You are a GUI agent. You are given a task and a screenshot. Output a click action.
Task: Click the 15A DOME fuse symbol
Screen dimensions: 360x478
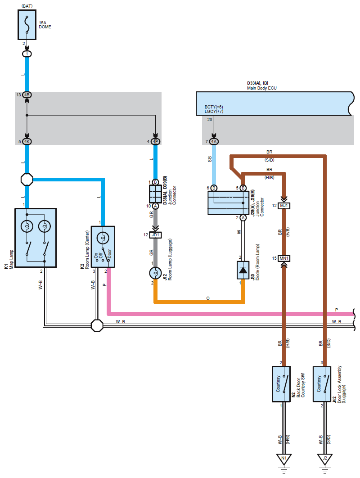(27, 25)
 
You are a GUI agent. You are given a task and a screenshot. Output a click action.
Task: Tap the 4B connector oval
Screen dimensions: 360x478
(27, 95)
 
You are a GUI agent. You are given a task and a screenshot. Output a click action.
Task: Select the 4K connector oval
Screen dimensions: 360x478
(27, 141)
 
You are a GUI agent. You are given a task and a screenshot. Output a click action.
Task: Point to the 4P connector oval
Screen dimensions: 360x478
(155, 141)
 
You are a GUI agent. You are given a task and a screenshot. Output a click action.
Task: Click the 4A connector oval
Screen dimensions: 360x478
(214, 141)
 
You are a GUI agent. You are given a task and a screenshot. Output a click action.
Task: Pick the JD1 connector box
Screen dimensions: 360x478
(155, 235)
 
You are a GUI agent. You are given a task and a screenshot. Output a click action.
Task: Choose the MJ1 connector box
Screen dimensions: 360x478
(284, 206)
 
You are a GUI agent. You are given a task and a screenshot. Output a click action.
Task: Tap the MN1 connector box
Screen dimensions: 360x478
(284, 258)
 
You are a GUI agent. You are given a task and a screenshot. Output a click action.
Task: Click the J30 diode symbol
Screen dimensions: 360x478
(243, 270)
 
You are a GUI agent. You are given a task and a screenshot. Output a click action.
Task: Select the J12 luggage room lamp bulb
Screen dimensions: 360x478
(155, 273)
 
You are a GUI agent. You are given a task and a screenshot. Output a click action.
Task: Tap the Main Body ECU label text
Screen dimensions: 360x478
(262, 88)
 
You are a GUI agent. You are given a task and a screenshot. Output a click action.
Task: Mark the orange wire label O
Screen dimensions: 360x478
(208, 298)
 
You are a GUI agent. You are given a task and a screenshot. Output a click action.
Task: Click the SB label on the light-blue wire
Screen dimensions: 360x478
(210, 159)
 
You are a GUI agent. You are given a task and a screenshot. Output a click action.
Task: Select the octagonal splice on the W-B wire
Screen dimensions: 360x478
(97, 325)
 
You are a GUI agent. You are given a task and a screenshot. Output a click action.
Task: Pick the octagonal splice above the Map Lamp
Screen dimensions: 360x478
(27, 180)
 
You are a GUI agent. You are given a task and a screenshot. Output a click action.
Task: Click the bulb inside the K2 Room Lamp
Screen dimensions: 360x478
(103, 238)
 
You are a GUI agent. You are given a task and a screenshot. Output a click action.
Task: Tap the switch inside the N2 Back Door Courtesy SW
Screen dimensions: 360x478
(285, 384)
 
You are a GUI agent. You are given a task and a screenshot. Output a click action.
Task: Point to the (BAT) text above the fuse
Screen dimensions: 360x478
(27, 6)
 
